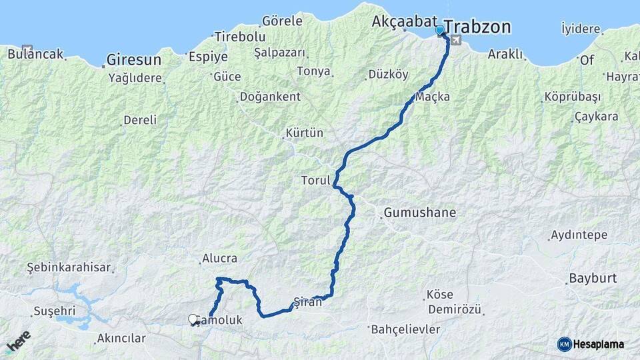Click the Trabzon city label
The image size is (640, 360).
pos(477,27)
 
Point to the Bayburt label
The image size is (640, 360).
pos(593,278)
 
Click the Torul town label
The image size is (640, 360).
pos(315,181)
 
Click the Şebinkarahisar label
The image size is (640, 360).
pos(69,267)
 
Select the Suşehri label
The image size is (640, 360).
pos(54,311)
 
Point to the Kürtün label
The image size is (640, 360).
pos(304,133)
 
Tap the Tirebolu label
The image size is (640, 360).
pos(240,37)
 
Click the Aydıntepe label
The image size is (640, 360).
pos(579,235)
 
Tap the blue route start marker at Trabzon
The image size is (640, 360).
pos(439,30)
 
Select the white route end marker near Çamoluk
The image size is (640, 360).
pos(193,320)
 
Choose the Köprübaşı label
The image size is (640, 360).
pos(573,97)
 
